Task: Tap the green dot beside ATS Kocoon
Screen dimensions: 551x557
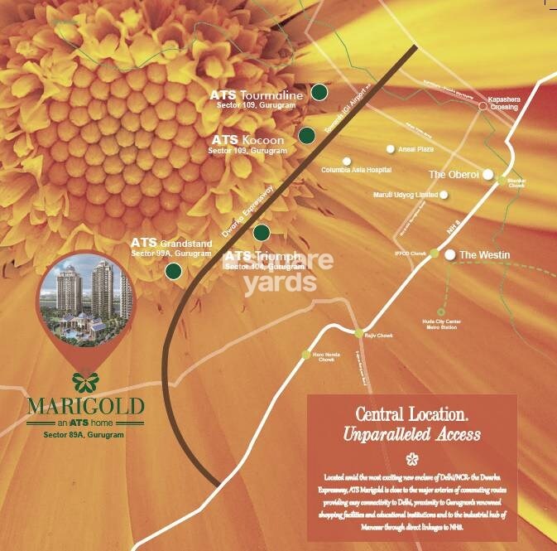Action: [307, 134]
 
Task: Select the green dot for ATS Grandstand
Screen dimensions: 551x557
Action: [174, 270]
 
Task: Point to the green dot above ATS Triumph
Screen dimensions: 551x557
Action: [262, 232]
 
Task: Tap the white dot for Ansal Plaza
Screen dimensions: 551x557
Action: [391, 150]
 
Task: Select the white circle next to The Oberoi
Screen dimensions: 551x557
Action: [488, 174]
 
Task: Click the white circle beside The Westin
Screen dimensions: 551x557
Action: [450, 255]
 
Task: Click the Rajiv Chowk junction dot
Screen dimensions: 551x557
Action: [359, 333]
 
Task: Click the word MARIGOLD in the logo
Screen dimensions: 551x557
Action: [85, 407]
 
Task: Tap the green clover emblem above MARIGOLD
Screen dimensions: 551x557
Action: [84, 381]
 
